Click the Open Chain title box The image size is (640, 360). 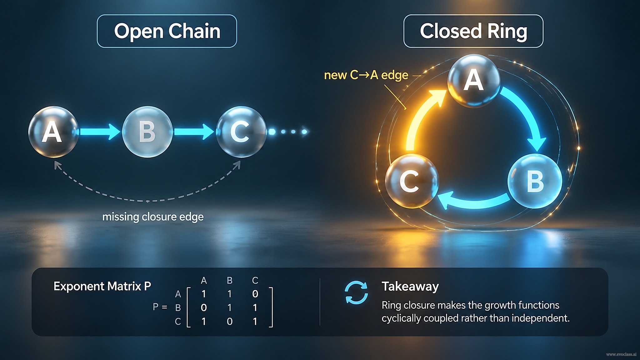pos(167,31)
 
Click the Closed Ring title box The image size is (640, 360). pos(473,31)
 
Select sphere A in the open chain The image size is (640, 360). pos(53,132)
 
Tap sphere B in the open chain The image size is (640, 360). pos(147,132)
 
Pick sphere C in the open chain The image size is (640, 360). pos(241,132)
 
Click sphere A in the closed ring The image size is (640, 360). pos(474,81)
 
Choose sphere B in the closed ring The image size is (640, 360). pos(535,181)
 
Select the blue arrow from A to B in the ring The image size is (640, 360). pos(528,112)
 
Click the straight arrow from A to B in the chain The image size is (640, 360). pos(99,132)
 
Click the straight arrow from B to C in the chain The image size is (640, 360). pos(194,132)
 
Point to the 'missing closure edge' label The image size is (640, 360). pos(153,217)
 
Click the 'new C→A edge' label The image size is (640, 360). pos(366,75)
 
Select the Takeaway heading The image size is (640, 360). pos(410,286)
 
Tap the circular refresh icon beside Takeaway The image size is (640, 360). pos(356,292)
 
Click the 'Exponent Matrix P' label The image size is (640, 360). pos(102,286)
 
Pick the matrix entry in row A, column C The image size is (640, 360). pos(255,294)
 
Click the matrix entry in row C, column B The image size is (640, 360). pos(229,322)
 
